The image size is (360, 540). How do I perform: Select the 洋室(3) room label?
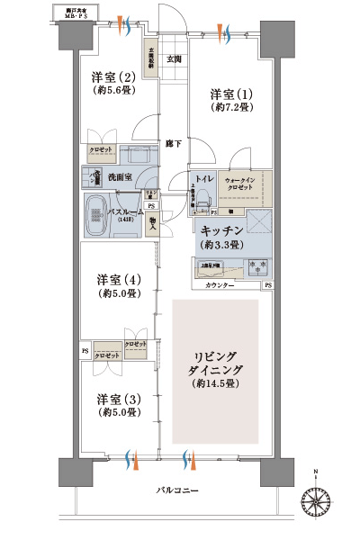(x=118, y=399)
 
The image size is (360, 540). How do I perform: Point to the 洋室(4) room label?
(x=118, y=278)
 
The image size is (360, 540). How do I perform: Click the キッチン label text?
(x=221, y=230)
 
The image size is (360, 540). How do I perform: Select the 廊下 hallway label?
(x=174, y=144)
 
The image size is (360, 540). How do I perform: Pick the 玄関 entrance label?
(x=175, y=59)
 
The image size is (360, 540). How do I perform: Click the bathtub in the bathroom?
(x=95, y=216)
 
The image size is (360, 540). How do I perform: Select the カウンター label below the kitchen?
(x=219, y=285)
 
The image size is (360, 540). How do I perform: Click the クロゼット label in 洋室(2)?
(x=100, y=149)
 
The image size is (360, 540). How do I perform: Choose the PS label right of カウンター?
(x=267, y=285)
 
